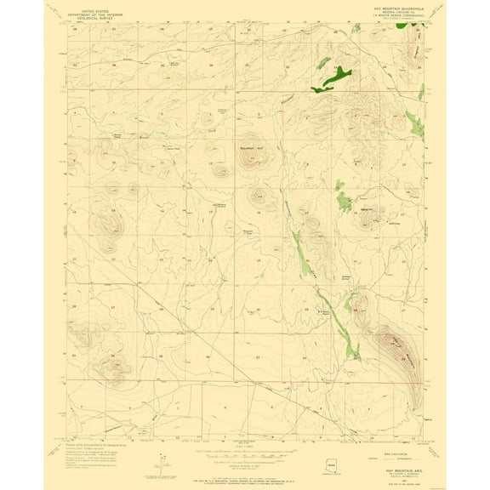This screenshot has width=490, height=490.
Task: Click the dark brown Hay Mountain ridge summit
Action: [394, 344]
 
